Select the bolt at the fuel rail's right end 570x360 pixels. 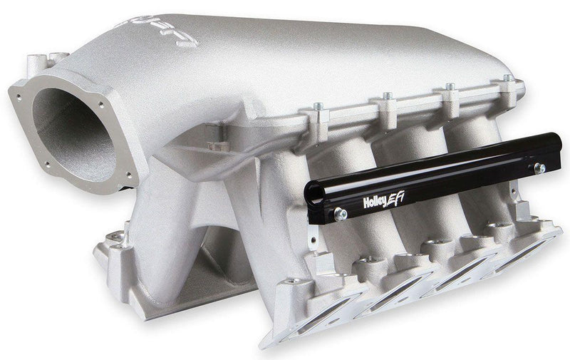click(x=540, y=168)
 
